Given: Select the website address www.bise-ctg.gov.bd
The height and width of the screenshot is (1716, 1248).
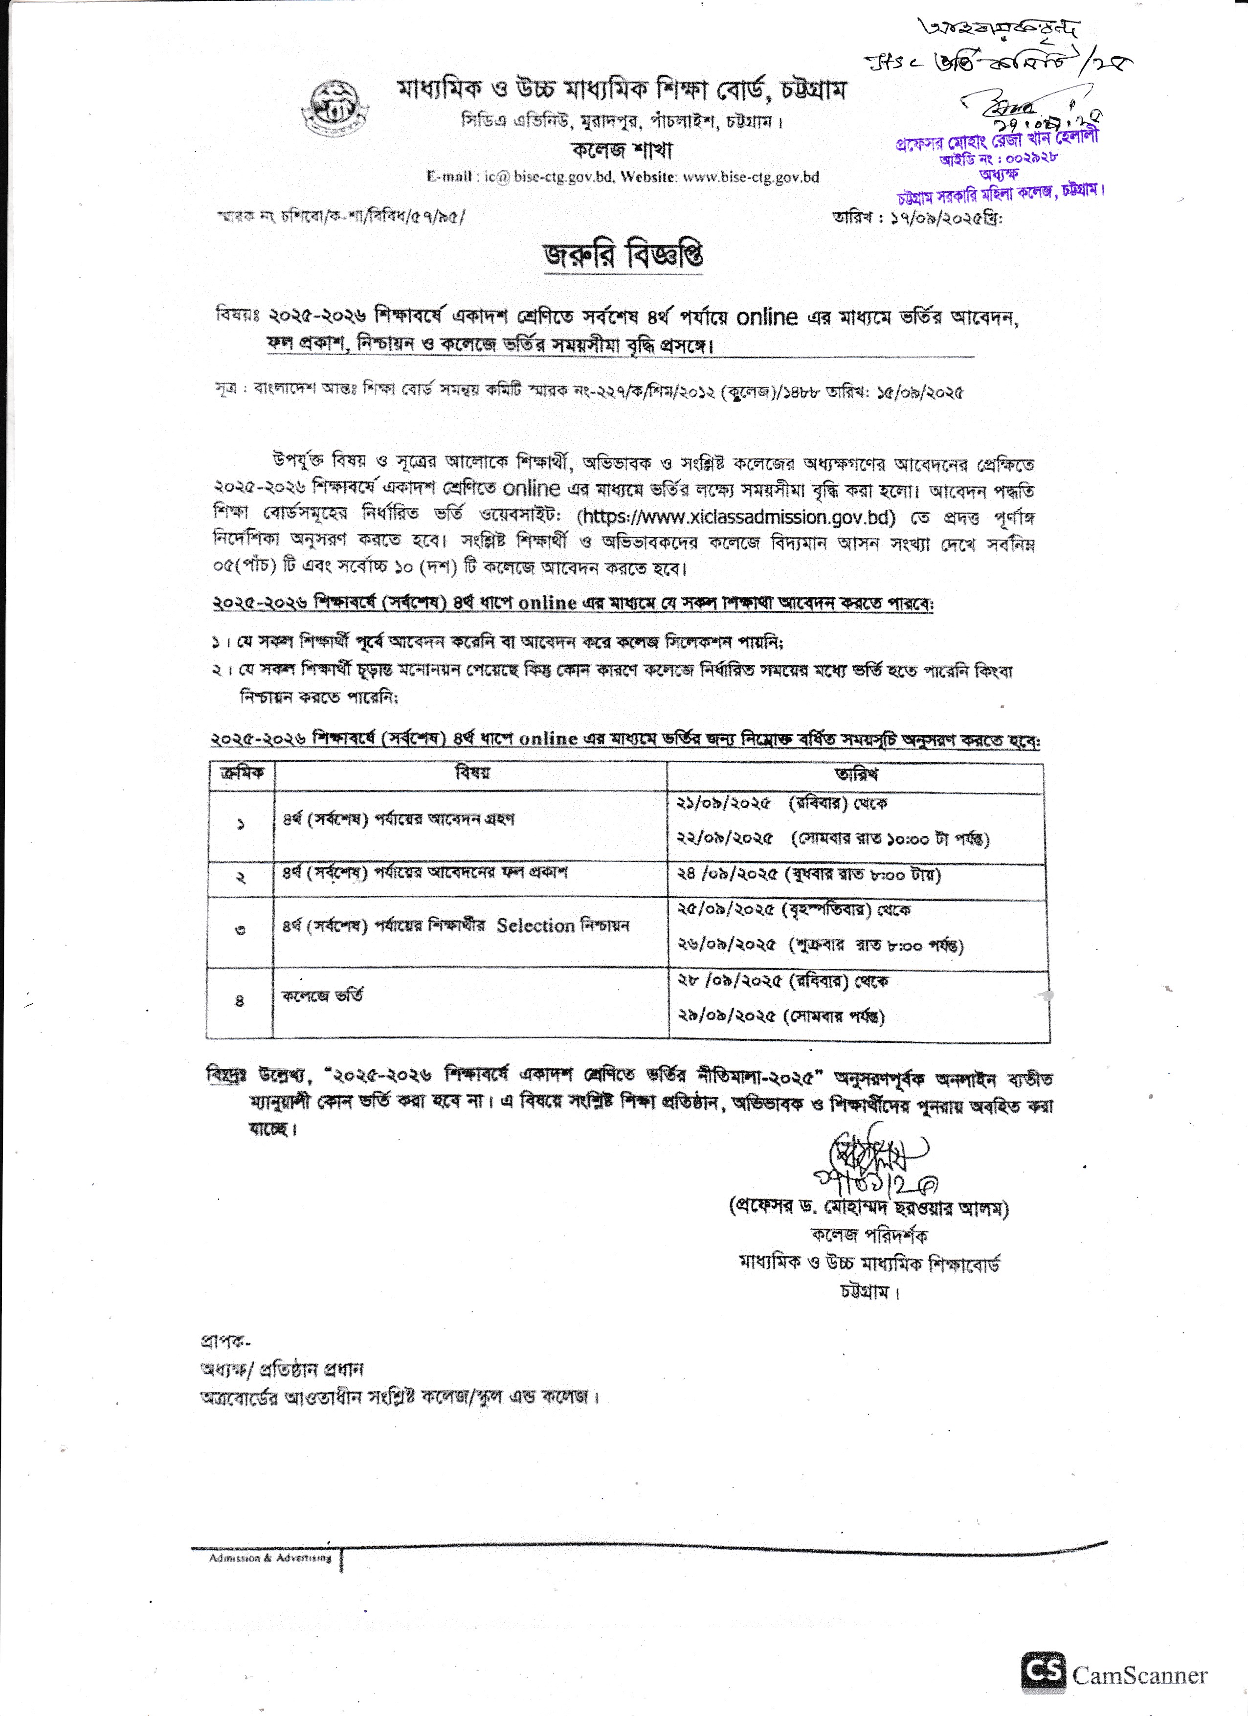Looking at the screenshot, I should [x=751, y=177].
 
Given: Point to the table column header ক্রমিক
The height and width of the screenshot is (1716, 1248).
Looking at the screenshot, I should [x=242, y=773].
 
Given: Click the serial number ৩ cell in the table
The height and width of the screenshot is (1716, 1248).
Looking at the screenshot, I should [x=241, y=930].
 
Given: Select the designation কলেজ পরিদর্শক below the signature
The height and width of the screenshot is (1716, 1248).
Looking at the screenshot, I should [x=869, y=1236].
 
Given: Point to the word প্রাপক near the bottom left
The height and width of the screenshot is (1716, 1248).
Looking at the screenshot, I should [x=224, y=1341].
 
